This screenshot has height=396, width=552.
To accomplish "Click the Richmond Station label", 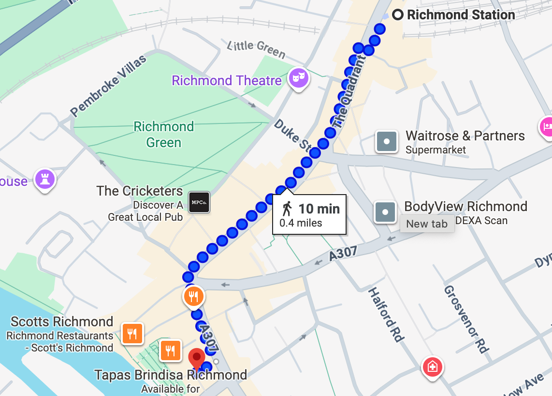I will click(x=461, y=15).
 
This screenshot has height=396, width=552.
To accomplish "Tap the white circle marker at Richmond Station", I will click(x=398, y=15).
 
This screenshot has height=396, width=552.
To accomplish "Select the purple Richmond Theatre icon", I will click(x=298, y=77).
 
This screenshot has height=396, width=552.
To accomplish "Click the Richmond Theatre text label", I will click(x=227, y=80).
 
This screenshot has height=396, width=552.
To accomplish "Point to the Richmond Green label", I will click(x=164, y=135).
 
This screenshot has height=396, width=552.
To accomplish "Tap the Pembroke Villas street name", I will click(x=108, y=87).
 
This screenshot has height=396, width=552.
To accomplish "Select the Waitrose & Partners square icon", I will click(x=387, y=142).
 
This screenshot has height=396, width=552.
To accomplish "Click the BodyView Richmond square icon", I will click(x=385, y=212).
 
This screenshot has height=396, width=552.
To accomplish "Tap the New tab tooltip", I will click(x=427, y=224).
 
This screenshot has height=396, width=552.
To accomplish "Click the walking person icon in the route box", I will click(x=287, y=209).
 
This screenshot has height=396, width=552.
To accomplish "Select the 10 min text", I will click(x=319, y=209).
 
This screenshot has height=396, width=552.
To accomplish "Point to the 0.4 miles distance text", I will click(x=301, y=223).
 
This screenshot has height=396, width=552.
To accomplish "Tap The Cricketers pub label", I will click(x=140, y=191).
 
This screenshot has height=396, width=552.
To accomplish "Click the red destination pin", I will click(x=196, y=359).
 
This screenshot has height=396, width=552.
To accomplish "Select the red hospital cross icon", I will click(x=432, y=366).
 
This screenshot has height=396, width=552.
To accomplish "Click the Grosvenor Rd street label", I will click(x=466, y=319).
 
